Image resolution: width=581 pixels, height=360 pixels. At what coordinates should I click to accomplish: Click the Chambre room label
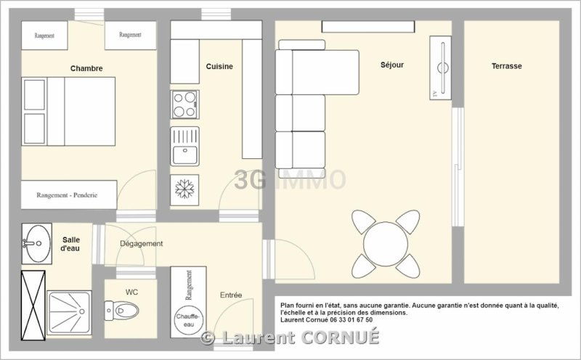pos(86,68)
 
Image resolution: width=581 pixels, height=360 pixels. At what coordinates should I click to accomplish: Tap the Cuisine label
pos(219,67)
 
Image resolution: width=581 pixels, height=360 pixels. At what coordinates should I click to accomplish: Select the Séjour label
pos(392,65)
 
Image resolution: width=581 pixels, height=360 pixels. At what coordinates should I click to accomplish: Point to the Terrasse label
pos(506,66)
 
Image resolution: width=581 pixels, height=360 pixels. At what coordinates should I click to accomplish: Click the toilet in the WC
pos(121,311)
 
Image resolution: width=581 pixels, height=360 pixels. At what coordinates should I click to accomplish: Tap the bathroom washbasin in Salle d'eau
pos(37,243)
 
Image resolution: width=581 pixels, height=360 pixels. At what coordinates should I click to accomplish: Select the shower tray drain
pos(82,311)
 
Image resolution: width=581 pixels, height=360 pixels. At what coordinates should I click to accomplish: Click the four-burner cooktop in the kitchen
pos(185,105)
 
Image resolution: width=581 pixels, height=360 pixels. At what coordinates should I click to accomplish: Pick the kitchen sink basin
pos(185,155)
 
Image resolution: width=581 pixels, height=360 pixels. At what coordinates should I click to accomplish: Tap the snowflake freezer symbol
pos(184,189)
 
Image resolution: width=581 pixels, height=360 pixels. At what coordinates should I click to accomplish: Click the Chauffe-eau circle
pos(188,320)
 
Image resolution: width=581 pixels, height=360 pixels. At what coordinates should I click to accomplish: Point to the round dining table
pos(386,244)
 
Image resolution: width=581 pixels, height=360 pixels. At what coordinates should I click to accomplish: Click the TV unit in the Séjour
pos(441,67)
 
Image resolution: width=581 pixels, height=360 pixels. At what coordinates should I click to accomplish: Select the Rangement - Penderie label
pos(67,195)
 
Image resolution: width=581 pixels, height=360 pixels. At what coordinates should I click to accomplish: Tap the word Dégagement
pos(141,244)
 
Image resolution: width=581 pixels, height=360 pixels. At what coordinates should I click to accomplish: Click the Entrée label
pos(231,295)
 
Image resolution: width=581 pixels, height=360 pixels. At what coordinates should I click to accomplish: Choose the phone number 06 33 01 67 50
pos(351,319)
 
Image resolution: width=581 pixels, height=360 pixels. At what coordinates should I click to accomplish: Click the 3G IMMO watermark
pos(290,179)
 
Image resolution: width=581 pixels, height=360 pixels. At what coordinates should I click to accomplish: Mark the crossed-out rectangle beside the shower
pos(33,306)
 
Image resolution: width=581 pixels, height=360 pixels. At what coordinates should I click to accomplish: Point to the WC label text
pos(131,292)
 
